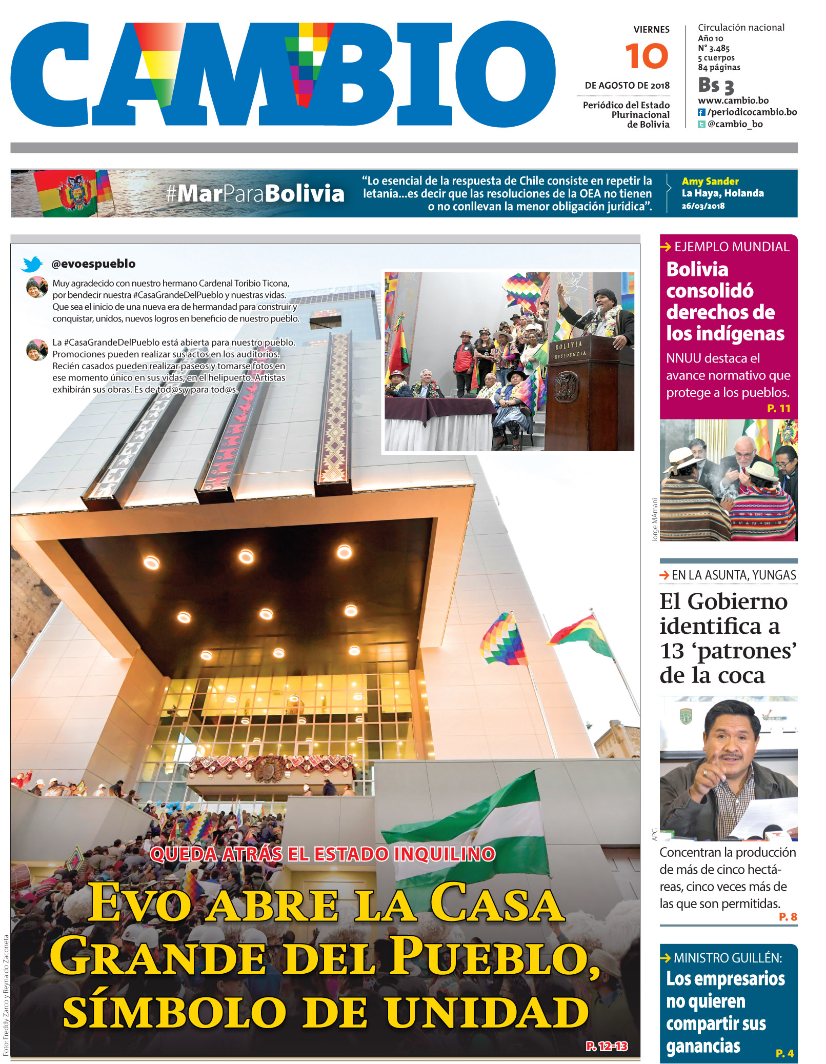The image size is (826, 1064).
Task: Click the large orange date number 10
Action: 647,56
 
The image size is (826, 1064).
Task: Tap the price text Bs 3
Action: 716,85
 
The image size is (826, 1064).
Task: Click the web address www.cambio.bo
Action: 733,101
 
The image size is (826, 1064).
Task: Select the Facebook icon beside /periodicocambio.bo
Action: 701,112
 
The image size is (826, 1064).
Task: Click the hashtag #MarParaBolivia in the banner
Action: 255,194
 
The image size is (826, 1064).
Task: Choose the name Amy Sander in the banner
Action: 710,181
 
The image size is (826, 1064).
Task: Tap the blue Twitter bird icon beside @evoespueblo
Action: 32,264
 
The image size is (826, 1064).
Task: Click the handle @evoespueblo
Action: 93,264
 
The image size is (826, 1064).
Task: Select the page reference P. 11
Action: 778,408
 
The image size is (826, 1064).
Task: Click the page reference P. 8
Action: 788,916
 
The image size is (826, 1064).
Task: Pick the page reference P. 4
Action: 784,1053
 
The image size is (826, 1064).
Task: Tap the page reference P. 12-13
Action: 607,1046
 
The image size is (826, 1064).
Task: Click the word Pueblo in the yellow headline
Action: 492,957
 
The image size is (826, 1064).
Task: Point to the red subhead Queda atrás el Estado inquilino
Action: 323,854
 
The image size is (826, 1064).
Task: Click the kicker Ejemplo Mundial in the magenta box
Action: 731,247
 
